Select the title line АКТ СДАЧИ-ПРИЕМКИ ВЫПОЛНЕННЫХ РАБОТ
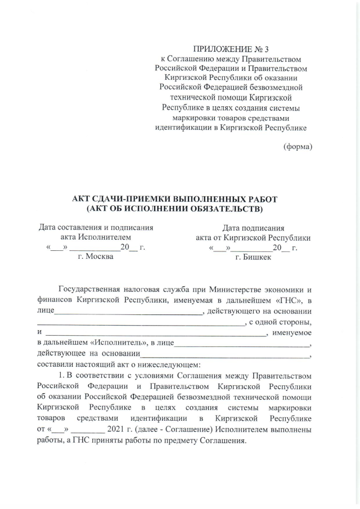click(x=175, y=200)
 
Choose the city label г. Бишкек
click(x=253, y=256)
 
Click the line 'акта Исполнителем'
click(x=94, y=237)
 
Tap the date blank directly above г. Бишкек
click(x=253, y=247)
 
